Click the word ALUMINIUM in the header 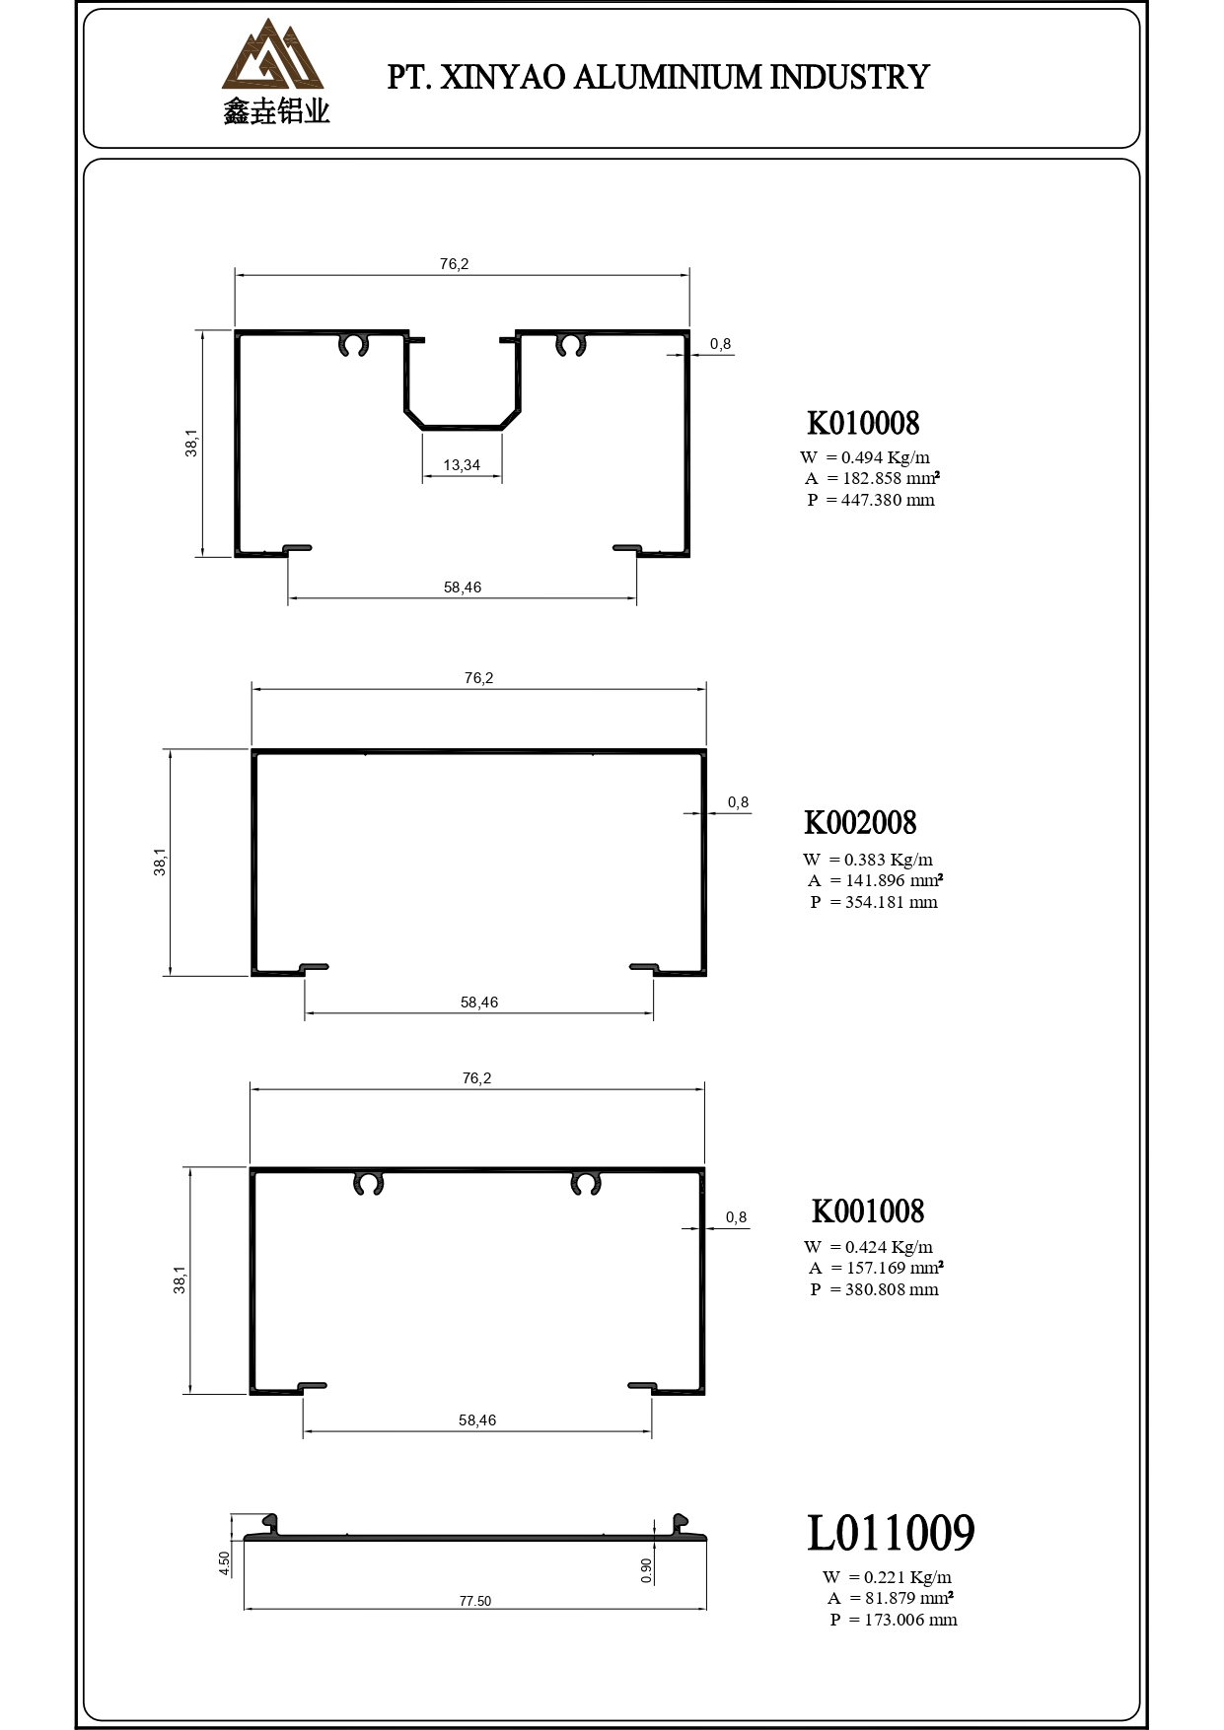(667, 77)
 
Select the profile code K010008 (863, 423)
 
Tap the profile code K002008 (860, 822)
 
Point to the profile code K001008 (868, 1211)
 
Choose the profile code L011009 (891, 1533)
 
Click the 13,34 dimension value (462, 465)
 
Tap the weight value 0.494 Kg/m (886, 457)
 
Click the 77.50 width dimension (474, 1601)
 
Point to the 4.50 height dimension (225, 1563)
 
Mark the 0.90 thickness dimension (646, 1571)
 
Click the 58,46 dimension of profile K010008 (463, 588)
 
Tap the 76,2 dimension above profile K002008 (478, 678)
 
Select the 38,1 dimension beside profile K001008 (180, 1280)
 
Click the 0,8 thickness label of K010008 (721, 344)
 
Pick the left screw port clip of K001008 (368, 1184)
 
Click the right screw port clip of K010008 (571, 345)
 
